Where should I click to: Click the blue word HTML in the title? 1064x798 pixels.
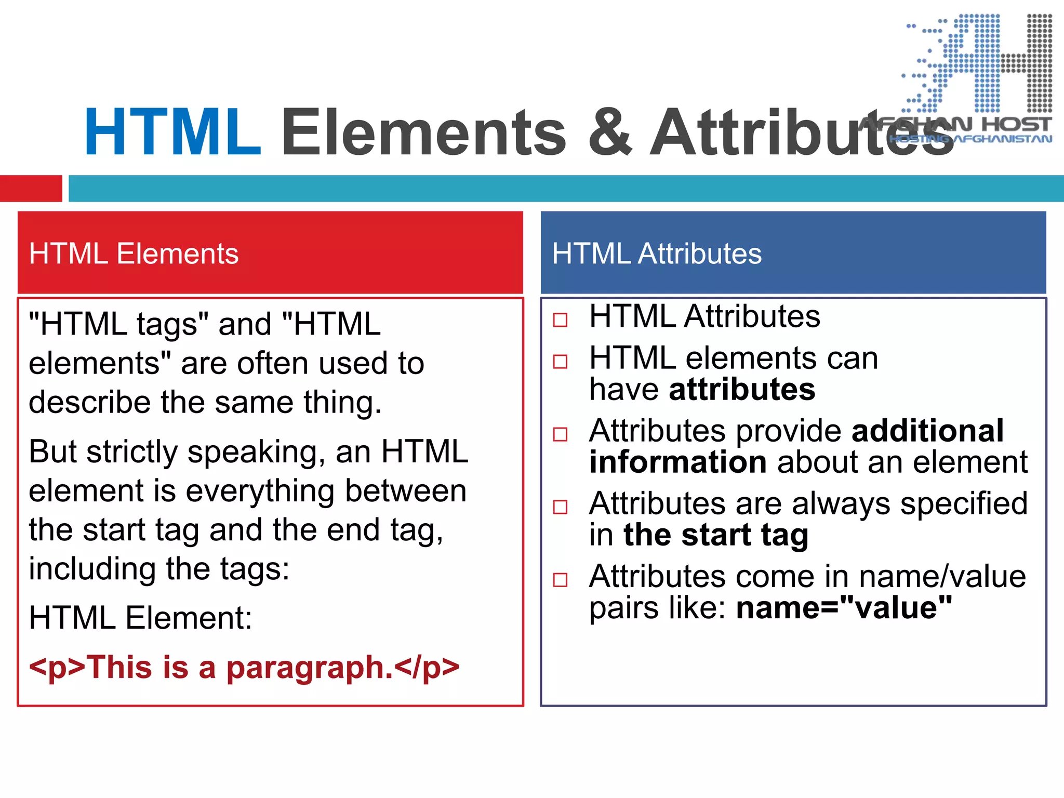[172, 132]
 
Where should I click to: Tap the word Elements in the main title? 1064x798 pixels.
[423, 132]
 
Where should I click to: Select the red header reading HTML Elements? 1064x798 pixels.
[270, 252]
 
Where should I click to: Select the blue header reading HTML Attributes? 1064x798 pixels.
[793, 252]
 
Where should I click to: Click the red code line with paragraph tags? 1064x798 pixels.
[244, 667]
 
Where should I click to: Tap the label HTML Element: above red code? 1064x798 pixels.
[140, 618]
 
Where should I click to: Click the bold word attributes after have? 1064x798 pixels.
[742, 390]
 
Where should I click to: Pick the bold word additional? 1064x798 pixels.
[927, 431]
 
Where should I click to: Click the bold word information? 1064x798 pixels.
[677, 462]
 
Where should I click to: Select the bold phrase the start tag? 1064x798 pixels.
[715, 535]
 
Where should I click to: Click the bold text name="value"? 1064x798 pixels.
[844, 607]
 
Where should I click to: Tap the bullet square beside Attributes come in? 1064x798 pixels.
[560, 580]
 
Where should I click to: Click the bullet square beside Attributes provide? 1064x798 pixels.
[560, 434]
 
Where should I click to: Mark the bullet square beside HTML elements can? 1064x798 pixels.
[560, 361]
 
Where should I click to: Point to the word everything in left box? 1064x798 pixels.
[260, 491]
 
